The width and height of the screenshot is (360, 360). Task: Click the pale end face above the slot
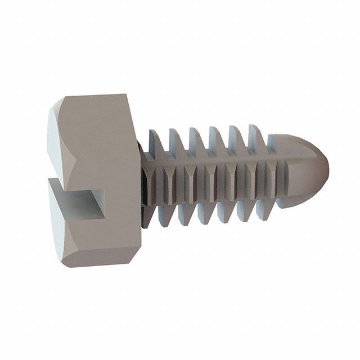[56, 141]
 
